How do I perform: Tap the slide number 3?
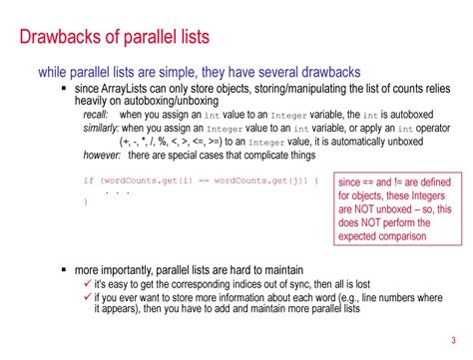(455, 337)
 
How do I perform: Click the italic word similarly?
(103, 129)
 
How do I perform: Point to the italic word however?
(103, 155)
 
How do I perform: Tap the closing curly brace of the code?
(85, 202)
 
